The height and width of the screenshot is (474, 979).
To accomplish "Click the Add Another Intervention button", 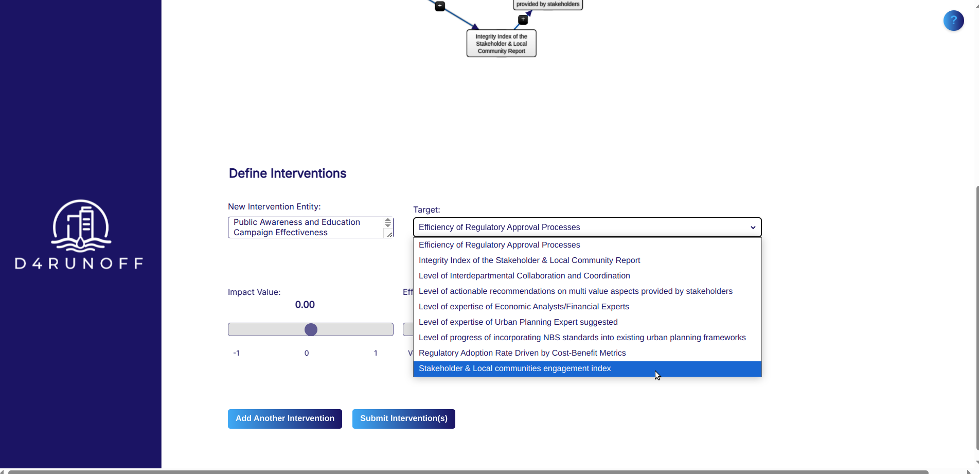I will coord(284,418).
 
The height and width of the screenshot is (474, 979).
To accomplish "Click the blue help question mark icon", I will coord(953,21).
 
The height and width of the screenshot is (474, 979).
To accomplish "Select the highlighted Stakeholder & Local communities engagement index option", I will coord(514,368).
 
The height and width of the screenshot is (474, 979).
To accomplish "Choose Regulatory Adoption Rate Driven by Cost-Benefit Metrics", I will coord(522,353).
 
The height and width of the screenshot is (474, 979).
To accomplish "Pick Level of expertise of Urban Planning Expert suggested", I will coord(518,322).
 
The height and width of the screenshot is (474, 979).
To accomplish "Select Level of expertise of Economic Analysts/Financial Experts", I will coord(523,307).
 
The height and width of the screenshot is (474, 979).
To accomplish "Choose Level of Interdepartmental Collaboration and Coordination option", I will coord(524,276).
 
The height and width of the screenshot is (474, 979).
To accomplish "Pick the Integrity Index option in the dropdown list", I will coord(529,260).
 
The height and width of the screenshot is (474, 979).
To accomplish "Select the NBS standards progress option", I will coord(582,338).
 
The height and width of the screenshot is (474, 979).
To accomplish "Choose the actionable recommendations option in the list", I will coord(575,291).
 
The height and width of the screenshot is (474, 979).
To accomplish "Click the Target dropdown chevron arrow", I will coord(753,227).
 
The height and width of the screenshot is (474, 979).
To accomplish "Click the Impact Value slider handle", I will coord(311,329).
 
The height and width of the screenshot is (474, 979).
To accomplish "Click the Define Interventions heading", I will coord(287,173).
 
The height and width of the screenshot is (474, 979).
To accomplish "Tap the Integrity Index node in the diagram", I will coord(501,44).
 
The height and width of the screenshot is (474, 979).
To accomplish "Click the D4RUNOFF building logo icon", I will coord(81,225).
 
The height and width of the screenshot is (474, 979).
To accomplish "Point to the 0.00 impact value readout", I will coord(305,305).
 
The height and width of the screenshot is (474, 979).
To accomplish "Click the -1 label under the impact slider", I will coord(236,353).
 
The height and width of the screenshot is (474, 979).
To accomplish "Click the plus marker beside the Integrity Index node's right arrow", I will coord(523,20).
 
